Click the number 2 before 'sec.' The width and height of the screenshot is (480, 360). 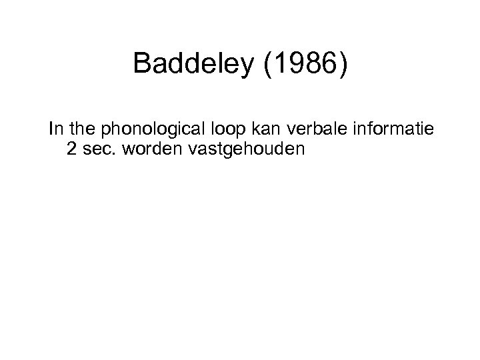pos(72,149)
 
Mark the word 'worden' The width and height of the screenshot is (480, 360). pos(147,149)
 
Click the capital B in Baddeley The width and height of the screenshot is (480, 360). pos(141,64)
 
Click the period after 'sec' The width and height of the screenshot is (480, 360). pos(111,154)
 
